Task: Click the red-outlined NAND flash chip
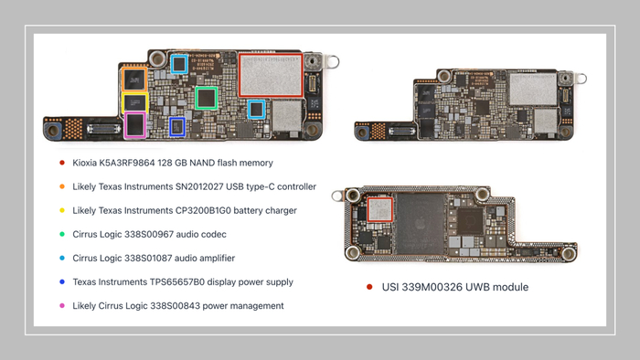271,76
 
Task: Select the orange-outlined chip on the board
134,79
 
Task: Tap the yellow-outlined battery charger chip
134,102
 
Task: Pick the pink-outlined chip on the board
135,125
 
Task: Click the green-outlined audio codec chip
206,98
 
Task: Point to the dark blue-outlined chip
177,127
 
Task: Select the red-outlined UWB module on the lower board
380,209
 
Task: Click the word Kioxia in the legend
84,163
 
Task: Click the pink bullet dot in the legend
62,306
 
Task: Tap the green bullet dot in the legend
62,235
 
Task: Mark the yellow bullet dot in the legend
62,210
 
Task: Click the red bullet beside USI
369,287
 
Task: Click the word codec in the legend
215,235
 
